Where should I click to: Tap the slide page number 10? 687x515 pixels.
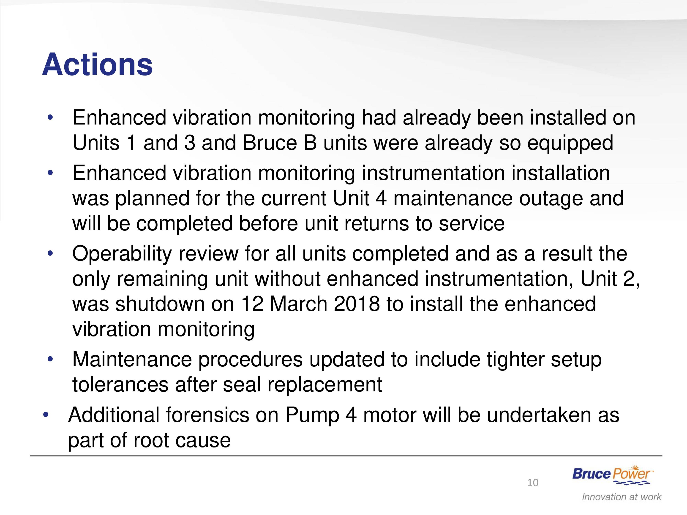click(533, 483)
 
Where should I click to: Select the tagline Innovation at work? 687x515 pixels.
click(622, 497)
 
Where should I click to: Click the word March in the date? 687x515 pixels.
click(298, 304)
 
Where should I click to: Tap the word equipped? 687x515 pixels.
click(570, 144)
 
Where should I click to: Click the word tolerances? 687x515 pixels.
click(120, 385)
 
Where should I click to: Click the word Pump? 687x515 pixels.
click(312, 416)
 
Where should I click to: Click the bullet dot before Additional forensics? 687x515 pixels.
click(46, 415)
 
